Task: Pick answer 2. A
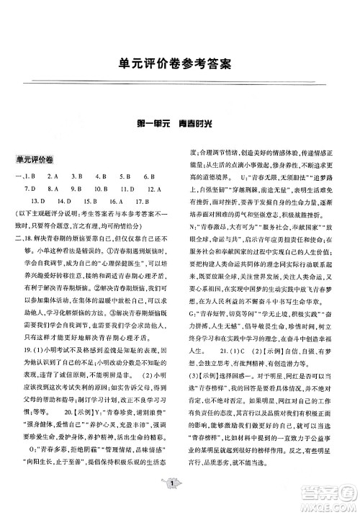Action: [x=51, y=175]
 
